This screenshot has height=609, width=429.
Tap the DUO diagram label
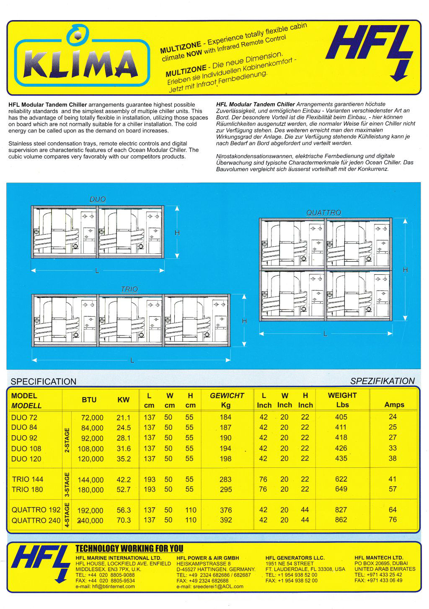point(98,199)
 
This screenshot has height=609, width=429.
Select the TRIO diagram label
point(129,289)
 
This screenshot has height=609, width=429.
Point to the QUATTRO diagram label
point(323,213)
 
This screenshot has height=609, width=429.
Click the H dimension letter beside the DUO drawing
point(177,233)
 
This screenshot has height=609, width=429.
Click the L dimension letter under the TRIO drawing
point(132,360)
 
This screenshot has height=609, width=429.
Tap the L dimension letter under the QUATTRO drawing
point(325,334)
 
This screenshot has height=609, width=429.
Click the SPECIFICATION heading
point(44,382)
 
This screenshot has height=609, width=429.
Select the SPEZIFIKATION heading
point(382,381)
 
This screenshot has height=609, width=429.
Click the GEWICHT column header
point(227,395)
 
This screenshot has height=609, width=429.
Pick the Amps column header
point(394,405)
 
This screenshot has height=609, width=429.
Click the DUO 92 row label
point(24,438)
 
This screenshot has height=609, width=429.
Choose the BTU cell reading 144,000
point(90,480)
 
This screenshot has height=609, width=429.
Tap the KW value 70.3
point(124,520)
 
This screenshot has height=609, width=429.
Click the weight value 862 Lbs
point(341,520)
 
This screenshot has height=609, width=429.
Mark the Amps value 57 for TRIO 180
point(393,489)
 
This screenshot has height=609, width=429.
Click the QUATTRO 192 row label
point(36,510)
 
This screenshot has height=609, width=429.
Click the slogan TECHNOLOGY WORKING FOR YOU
point(129,549)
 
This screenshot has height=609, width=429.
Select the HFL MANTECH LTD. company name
point(379,558)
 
